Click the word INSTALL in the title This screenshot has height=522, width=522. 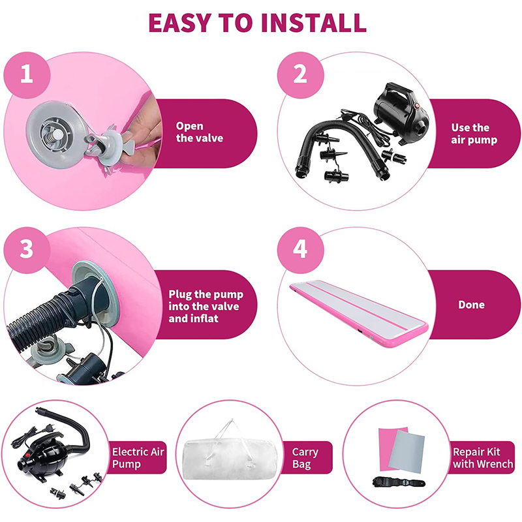point(314,23)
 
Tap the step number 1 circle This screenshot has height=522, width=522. point(27,75)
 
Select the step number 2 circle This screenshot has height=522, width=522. point(300,75)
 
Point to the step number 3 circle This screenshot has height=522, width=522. point(27,250)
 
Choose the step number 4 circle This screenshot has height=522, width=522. point(300,250)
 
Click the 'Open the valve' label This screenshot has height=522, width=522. point(200,132)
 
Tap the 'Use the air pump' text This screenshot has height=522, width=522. point(474,134)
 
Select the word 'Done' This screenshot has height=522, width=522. point(471,305)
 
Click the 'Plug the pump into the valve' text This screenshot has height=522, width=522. point(206,300)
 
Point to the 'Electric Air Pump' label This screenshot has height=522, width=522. point(138,458)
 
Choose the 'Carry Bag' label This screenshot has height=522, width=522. point(305,458)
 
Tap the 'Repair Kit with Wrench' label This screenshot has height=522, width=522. point(483,458)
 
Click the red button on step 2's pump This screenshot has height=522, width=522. point(417,106)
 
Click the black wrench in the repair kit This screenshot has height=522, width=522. point(399,482)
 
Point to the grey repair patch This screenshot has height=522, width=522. point(407,451)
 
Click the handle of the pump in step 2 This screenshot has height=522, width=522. point(399,89)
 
